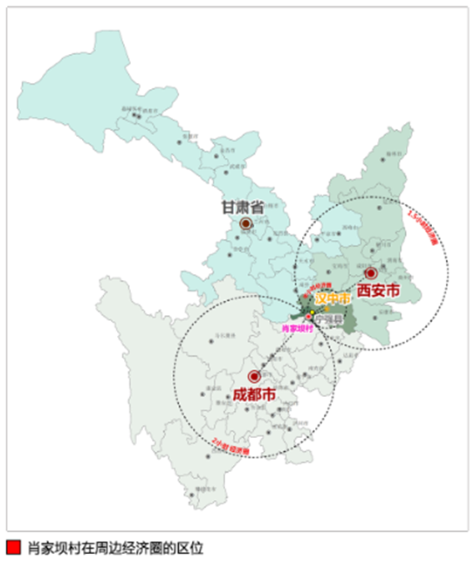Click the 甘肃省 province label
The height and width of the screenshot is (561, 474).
242,209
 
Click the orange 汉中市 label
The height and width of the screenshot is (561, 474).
333,298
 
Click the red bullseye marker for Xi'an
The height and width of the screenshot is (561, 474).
370,273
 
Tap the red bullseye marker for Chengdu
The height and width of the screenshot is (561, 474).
254,377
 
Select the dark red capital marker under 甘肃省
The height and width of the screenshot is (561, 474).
246,223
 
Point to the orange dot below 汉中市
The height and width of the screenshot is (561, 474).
325,308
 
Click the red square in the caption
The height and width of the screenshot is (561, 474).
12,547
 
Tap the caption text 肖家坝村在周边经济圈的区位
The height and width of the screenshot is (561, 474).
114,547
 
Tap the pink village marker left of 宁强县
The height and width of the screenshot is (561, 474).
308,316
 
